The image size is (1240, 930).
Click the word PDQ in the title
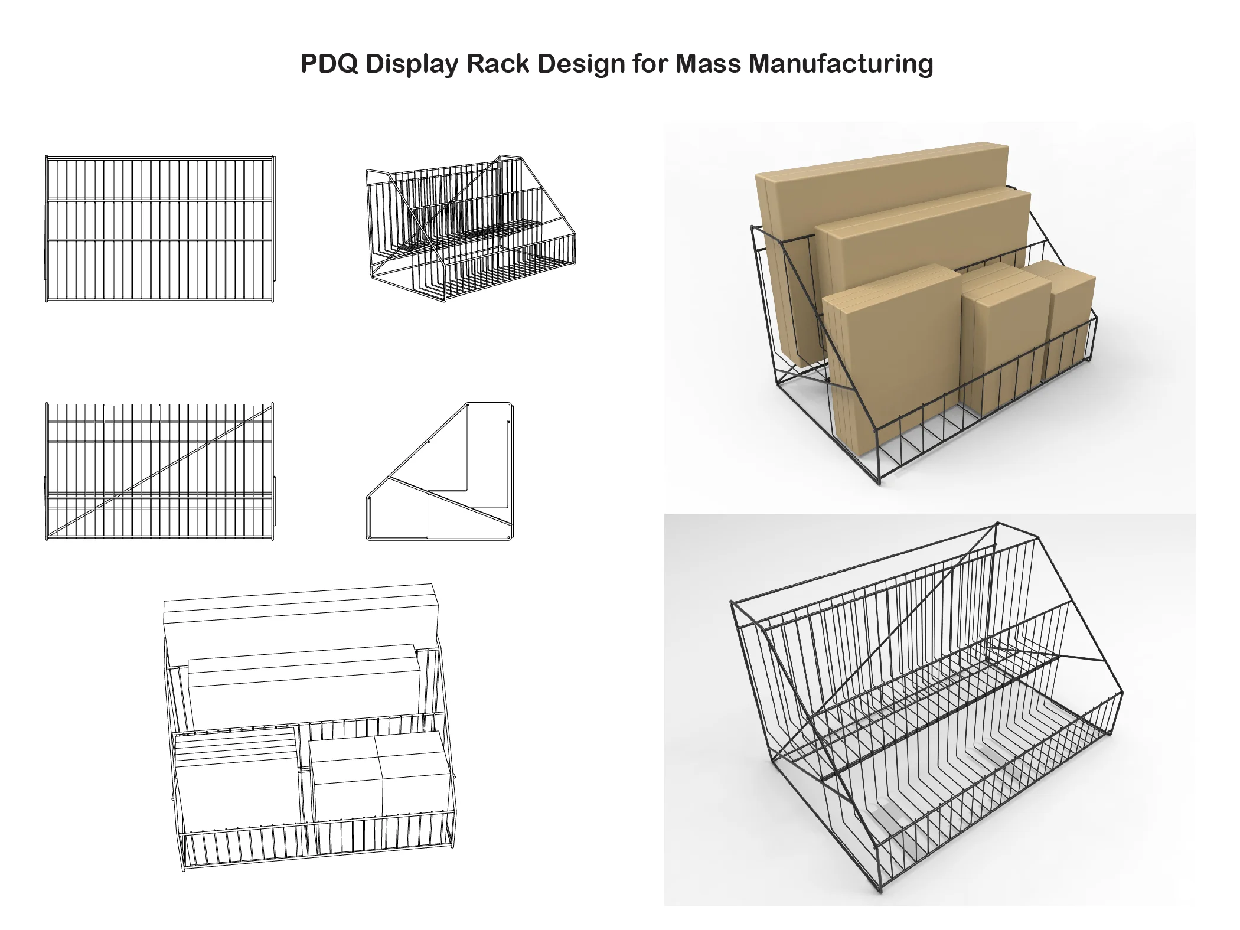(329, 64)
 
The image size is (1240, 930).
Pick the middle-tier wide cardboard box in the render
(927, 236)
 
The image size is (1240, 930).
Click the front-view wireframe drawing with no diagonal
(159, 229)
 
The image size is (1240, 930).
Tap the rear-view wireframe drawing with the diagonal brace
(159, 471)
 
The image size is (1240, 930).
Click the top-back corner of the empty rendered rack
(997, 524)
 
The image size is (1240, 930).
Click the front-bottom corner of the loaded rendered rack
(879, 482)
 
